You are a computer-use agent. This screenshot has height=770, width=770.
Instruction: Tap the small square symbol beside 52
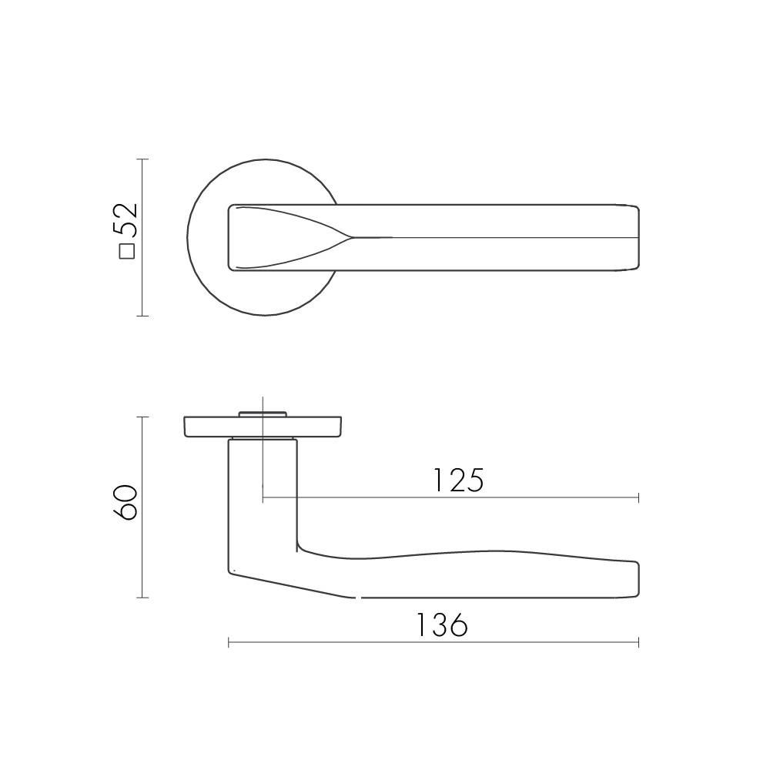coord(127,251)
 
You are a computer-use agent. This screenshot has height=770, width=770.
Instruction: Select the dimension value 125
coord(458,480)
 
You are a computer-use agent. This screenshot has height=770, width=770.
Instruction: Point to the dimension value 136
coord(442,625)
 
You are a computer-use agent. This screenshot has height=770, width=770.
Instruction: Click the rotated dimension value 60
coord(126,502)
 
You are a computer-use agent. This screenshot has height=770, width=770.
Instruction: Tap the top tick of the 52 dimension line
coord(142,159)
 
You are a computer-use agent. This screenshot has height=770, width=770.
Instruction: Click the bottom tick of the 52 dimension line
coord(142,316)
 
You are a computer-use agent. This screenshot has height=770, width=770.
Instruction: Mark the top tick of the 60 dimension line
coord(142,417)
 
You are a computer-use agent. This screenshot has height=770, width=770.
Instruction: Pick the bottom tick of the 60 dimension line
coord(142,598)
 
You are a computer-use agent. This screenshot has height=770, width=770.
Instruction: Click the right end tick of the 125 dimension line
coord(638,498)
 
